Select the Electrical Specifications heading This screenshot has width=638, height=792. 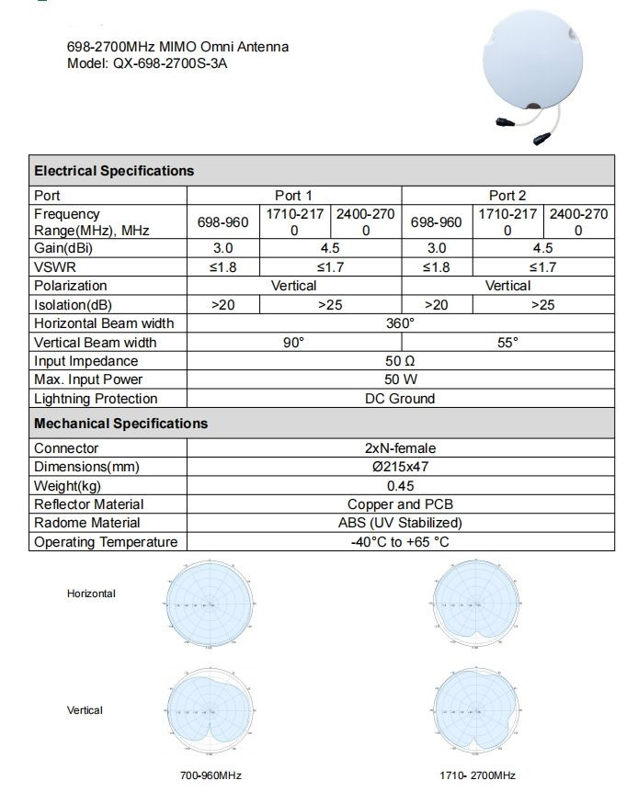pos(114,171)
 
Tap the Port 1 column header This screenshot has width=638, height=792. pos(294,195)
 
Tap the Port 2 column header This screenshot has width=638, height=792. pos(507,195)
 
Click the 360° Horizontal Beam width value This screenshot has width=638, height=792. pos(401,323)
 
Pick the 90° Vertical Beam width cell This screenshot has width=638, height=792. pos(294,343)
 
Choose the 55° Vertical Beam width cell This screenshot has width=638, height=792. pos(507,343)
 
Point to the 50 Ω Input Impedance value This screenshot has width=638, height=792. pos(401,361)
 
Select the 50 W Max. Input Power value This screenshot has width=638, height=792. pos(401,379)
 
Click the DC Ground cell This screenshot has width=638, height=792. pos(401,399)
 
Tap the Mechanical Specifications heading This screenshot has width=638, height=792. pos(120,424)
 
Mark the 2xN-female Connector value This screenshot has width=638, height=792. pos(401,448)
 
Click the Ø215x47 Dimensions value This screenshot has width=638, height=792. pos(401,467)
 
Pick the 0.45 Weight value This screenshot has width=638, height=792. pos(401,486)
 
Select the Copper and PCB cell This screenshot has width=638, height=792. pos(401,504)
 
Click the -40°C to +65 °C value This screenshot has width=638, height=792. pos(401,542)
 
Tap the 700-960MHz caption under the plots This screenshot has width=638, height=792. pos(211,775)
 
